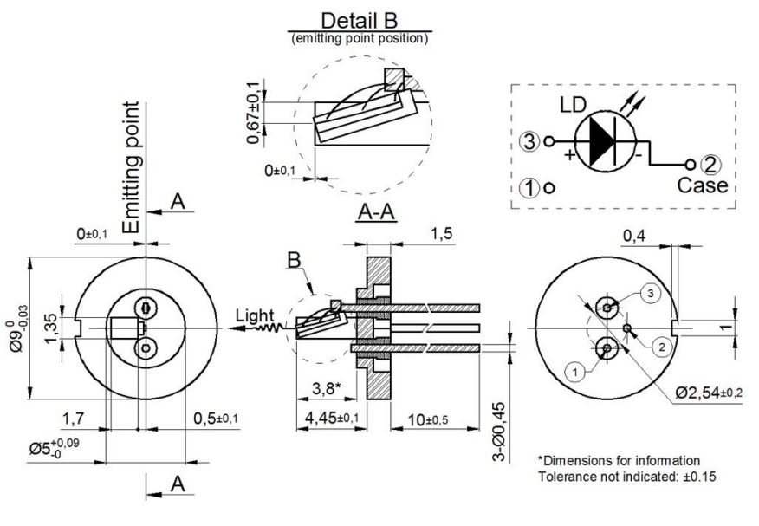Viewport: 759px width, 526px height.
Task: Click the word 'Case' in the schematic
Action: [703, 186]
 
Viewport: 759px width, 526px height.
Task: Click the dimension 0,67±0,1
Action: [254, 114]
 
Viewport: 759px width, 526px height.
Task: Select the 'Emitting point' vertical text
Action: [132, 166]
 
